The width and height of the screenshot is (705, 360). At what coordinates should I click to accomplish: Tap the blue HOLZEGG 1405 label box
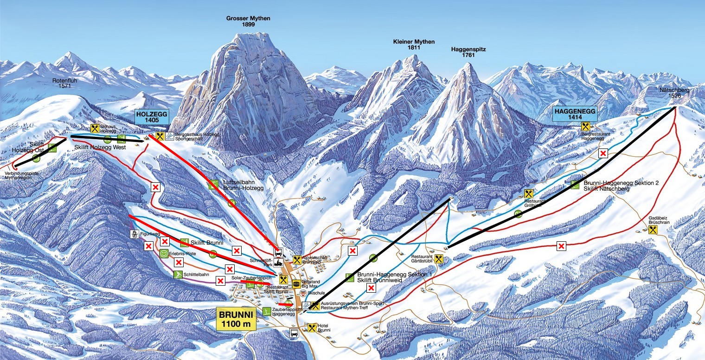(x=151, y=116)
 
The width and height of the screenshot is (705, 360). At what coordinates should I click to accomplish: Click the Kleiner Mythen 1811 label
(x=414, y=45)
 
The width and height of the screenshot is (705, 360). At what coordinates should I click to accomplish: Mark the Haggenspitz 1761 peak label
(x=468, y=52)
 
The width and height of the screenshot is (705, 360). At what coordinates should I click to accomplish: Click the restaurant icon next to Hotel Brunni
(x=312, y=328)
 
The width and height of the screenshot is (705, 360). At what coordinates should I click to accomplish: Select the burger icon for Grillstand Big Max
(x=296, y=284)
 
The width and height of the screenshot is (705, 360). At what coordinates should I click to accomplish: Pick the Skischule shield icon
(x=303, y=294)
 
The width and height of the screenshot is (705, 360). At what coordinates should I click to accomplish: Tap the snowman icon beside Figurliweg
(x=135, y=234)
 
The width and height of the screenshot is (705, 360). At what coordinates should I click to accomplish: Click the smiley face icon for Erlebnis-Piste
(x=164, y=253)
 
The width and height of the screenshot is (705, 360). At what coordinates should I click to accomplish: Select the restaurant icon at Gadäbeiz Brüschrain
(x=654, y=230)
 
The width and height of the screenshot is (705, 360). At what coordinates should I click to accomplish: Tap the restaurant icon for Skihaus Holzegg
(x=95, y=129)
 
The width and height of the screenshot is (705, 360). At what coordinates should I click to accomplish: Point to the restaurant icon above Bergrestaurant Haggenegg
(x=585, y=126)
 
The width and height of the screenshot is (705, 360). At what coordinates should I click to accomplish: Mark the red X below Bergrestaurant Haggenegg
(x=603, y=154)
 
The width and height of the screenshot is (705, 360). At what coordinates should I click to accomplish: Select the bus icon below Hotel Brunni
(x=294, y=332)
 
